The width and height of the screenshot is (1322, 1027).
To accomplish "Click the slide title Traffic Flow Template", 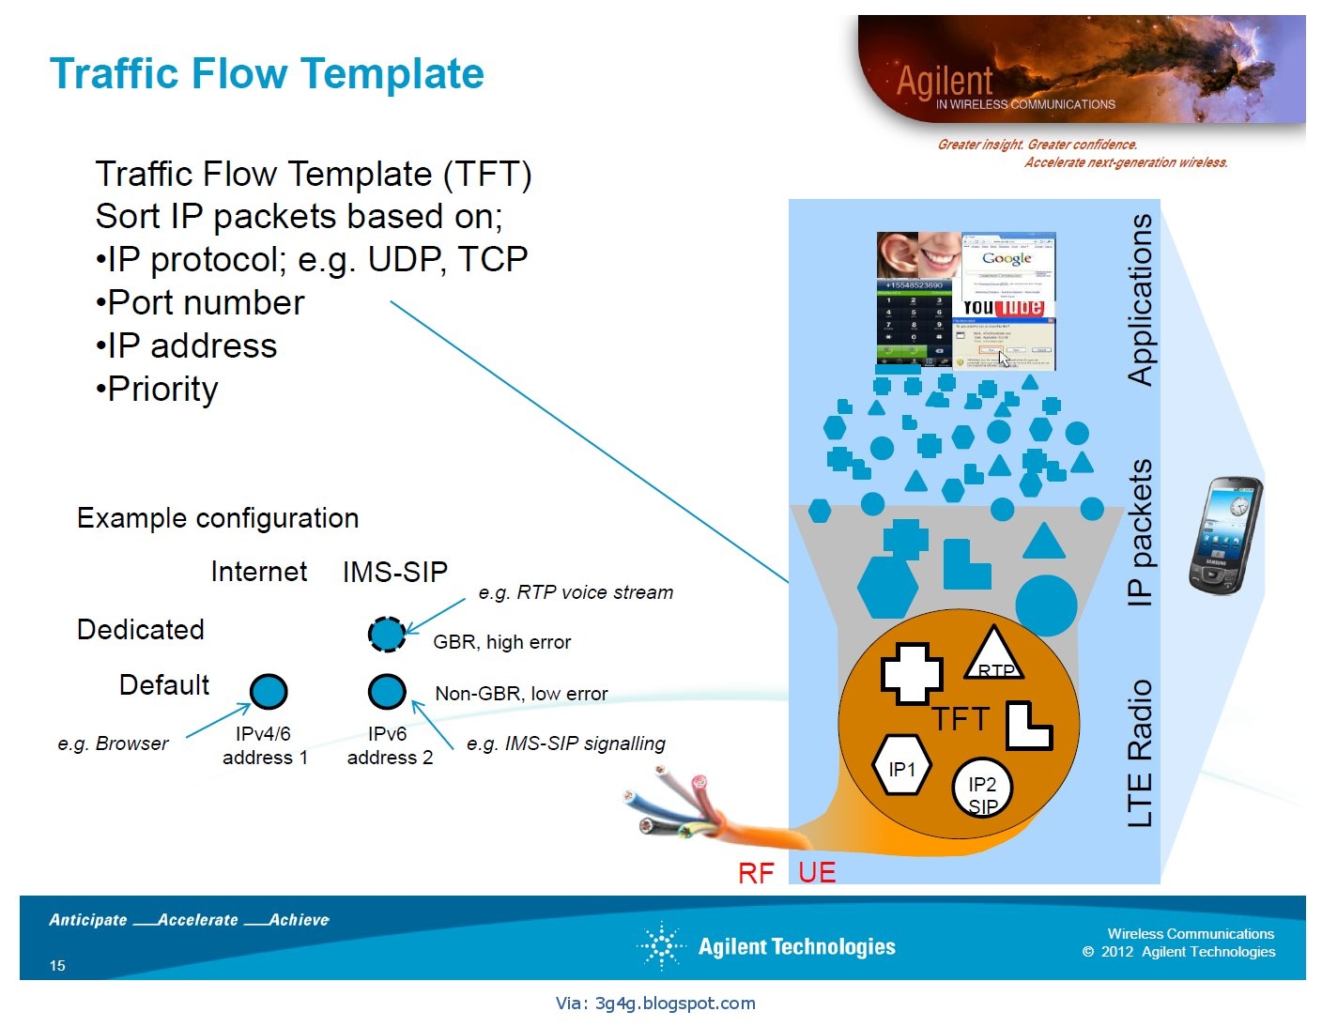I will (x=267, y=74).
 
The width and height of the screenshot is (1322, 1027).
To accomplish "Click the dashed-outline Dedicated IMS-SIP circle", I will (x=387, y=635).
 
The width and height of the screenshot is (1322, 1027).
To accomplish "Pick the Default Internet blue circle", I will (x=269, y=692).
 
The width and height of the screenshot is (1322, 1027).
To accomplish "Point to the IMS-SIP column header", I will (x=394, y=572).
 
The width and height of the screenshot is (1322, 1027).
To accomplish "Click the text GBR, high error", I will (x=501, y=642).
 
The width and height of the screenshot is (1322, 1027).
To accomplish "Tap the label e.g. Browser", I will (x=113, y=743).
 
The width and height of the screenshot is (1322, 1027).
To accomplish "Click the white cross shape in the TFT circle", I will (x=911, y=673).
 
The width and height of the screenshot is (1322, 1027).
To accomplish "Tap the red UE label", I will (x=817, y=872).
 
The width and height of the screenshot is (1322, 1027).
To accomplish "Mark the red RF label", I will (x=756, y=874).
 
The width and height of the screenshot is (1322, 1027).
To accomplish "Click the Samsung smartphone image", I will (x=1224, y=535).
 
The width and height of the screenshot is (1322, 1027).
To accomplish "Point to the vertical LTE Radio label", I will (x=1139, y=753).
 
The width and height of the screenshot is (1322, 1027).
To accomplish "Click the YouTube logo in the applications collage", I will (x=1003, y=307).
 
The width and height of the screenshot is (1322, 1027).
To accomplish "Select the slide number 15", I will (x=57, y=965).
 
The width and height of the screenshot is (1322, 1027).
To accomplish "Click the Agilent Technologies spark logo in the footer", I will (x=662, y=945).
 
